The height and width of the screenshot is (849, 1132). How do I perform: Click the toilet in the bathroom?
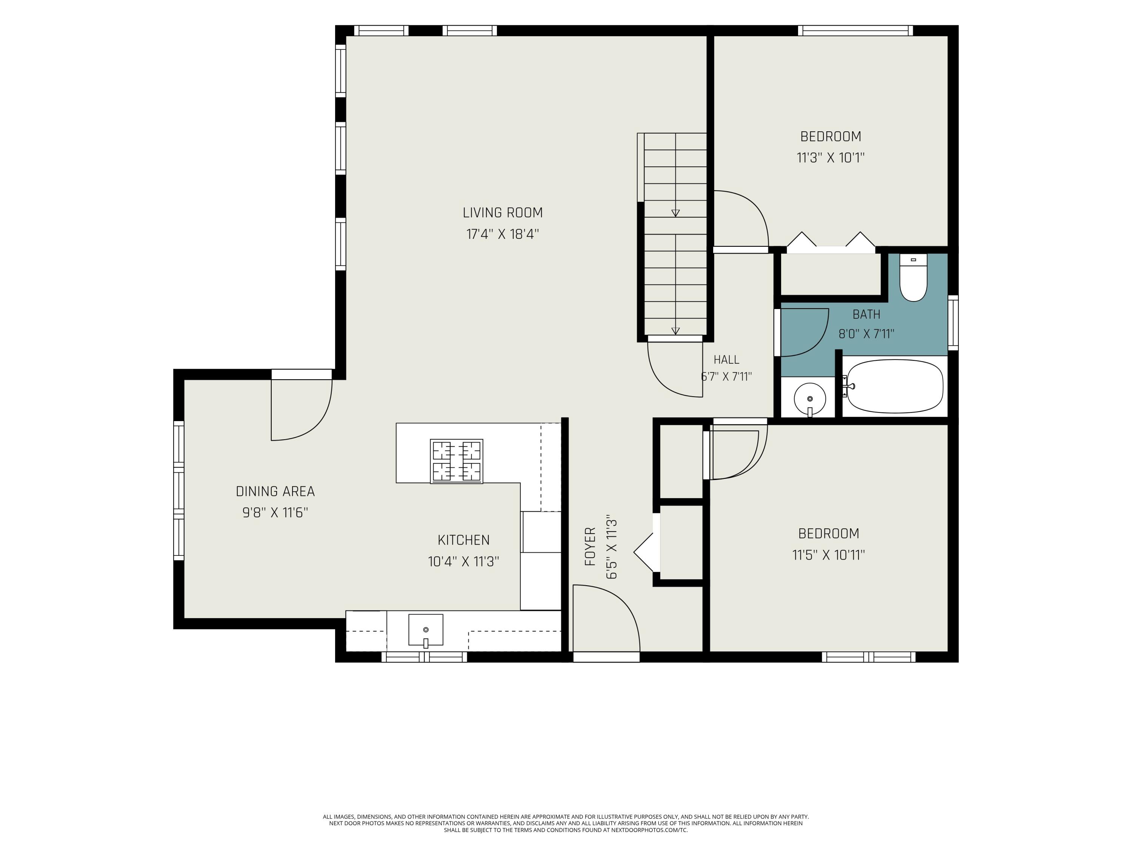point(913,278)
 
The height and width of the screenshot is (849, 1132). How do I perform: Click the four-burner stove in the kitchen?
point(457,461)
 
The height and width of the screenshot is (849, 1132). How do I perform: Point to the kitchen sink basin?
point(425,630)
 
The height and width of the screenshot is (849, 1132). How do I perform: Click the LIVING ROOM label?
point(503,213)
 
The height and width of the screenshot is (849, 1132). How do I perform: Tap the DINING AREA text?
point(275,491)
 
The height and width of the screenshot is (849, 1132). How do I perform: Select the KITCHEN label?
point(464,540)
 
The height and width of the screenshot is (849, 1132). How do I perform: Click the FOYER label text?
point(590,546)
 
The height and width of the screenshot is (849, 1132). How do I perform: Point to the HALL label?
point(726,359)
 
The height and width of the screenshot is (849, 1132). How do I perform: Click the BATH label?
point(866,314)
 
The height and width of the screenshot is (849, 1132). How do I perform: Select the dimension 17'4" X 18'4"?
point(503,234)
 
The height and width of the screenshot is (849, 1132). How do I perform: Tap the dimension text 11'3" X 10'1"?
point(831,158)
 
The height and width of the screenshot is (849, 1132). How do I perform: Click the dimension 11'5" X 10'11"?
point(829,555)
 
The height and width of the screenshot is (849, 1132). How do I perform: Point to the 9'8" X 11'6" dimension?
point(275,512)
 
